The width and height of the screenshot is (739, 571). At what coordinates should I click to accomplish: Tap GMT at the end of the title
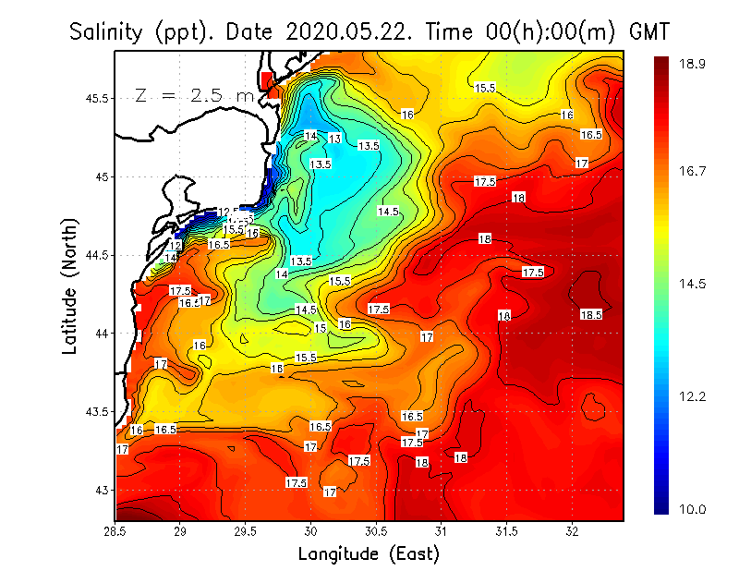pyautogui.click(x=648, y=32)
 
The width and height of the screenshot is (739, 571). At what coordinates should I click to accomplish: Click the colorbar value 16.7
pyautogui.click(x=693, y=171)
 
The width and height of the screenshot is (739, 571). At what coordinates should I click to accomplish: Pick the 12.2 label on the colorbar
pyautogui.click(x=693, y=396)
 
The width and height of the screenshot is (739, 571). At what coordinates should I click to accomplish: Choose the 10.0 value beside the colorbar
pyautogui.click(x=693, y=509)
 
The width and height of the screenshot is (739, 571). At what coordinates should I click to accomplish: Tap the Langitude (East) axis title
pyautogui.click(x=369, y=553)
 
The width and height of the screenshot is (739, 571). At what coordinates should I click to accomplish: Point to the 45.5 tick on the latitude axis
pyautogui.click(x=95, y=98)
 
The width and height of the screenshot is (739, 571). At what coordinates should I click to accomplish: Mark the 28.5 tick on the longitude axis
pyautogui.click(x=115, y=531)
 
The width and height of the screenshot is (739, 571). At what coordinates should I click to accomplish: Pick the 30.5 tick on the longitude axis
pyautogui.click(x=376, y=531)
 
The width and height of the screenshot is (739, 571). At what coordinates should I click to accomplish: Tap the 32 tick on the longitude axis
pyautogui.click(x=572, y=531)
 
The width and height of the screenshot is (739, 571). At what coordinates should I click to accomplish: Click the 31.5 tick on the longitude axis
pyautogui.click(x=506, y=531)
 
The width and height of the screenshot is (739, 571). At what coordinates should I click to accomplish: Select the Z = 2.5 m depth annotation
pyautogui.click(x=194, y=95)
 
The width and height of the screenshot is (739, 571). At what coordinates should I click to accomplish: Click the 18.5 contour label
pyautogui.click(x=591, y=314)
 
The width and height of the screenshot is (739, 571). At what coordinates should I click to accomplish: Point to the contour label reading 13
pyautogui.click(x=335, y=139)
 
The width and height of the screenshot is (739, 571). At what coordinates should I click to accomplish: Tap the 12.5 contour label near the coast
pyautogui.click(x=228, y=213)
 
